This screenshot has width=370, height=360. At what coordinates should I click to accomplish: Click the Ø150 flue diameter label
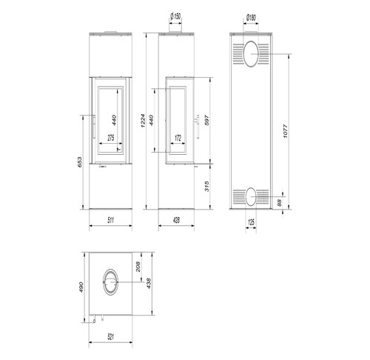175,16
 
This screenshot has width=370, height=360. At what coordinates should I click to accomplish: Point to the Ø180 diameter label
251,18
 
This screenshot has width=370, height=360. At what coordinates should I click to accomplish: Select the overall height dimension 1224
143,121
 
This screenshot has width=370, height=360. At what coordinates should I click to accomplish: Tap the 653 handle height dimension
80,162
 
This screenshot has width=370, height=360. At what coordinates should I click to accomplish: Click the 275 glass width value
111,138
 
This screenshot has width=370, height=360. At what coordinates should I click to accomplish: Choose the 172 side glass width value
178,138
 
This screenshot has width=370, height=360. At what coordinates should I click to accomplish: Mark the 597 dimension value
206,120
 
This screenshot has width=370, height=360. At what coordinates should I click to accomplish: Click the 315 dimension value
206,186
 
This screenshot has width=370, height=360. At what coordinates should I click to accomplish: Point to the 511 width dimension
111,220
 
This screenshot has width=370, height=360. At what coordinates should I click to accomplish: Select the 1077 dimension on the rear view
285,131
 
